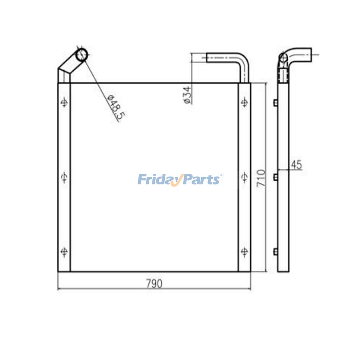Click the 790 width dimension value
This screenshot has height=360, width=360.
pyautogui.click(x=154, y=284)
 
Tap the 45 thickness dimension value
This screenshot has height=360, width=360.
pyautogui.click(x=296, y=165)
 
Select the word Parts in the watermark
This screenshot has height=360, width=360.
pyautogui.click(x=200, y=179)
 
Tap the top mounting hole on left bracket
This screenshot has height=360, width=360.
pyautogui.click(x=64, y=103)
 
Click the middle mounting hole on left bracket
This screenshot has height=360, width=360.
pyautogui.click(x=64, y=177)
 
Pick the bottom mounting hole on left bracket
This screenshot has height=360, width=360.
pyautogui.click(x=64, y=251)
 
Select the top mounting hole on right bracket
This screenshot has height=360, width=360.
pyautogui.click(x=244, y=103)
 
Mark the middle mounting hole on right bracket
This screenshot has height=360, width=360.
pyautogui.click(x=244, y=177)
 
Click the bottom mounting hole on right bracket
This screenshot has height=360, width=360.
pyautogui.click(x=244, y=251)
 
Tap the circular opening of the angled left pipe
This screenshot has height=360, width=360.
pyautogui.click(x=82, y=54)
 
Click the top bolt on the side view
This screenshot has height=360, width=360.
pyautogui.click(x=276, y=103)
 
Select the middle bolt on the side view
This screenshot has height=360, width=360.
pyautogui.click(x=276, y=177)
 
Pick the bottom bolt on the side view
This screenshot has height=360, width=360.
pyautogui.click(x=276, y=251)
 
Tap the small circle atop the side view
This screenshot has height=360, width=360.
pyautogui.click(x=283, y=58)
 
